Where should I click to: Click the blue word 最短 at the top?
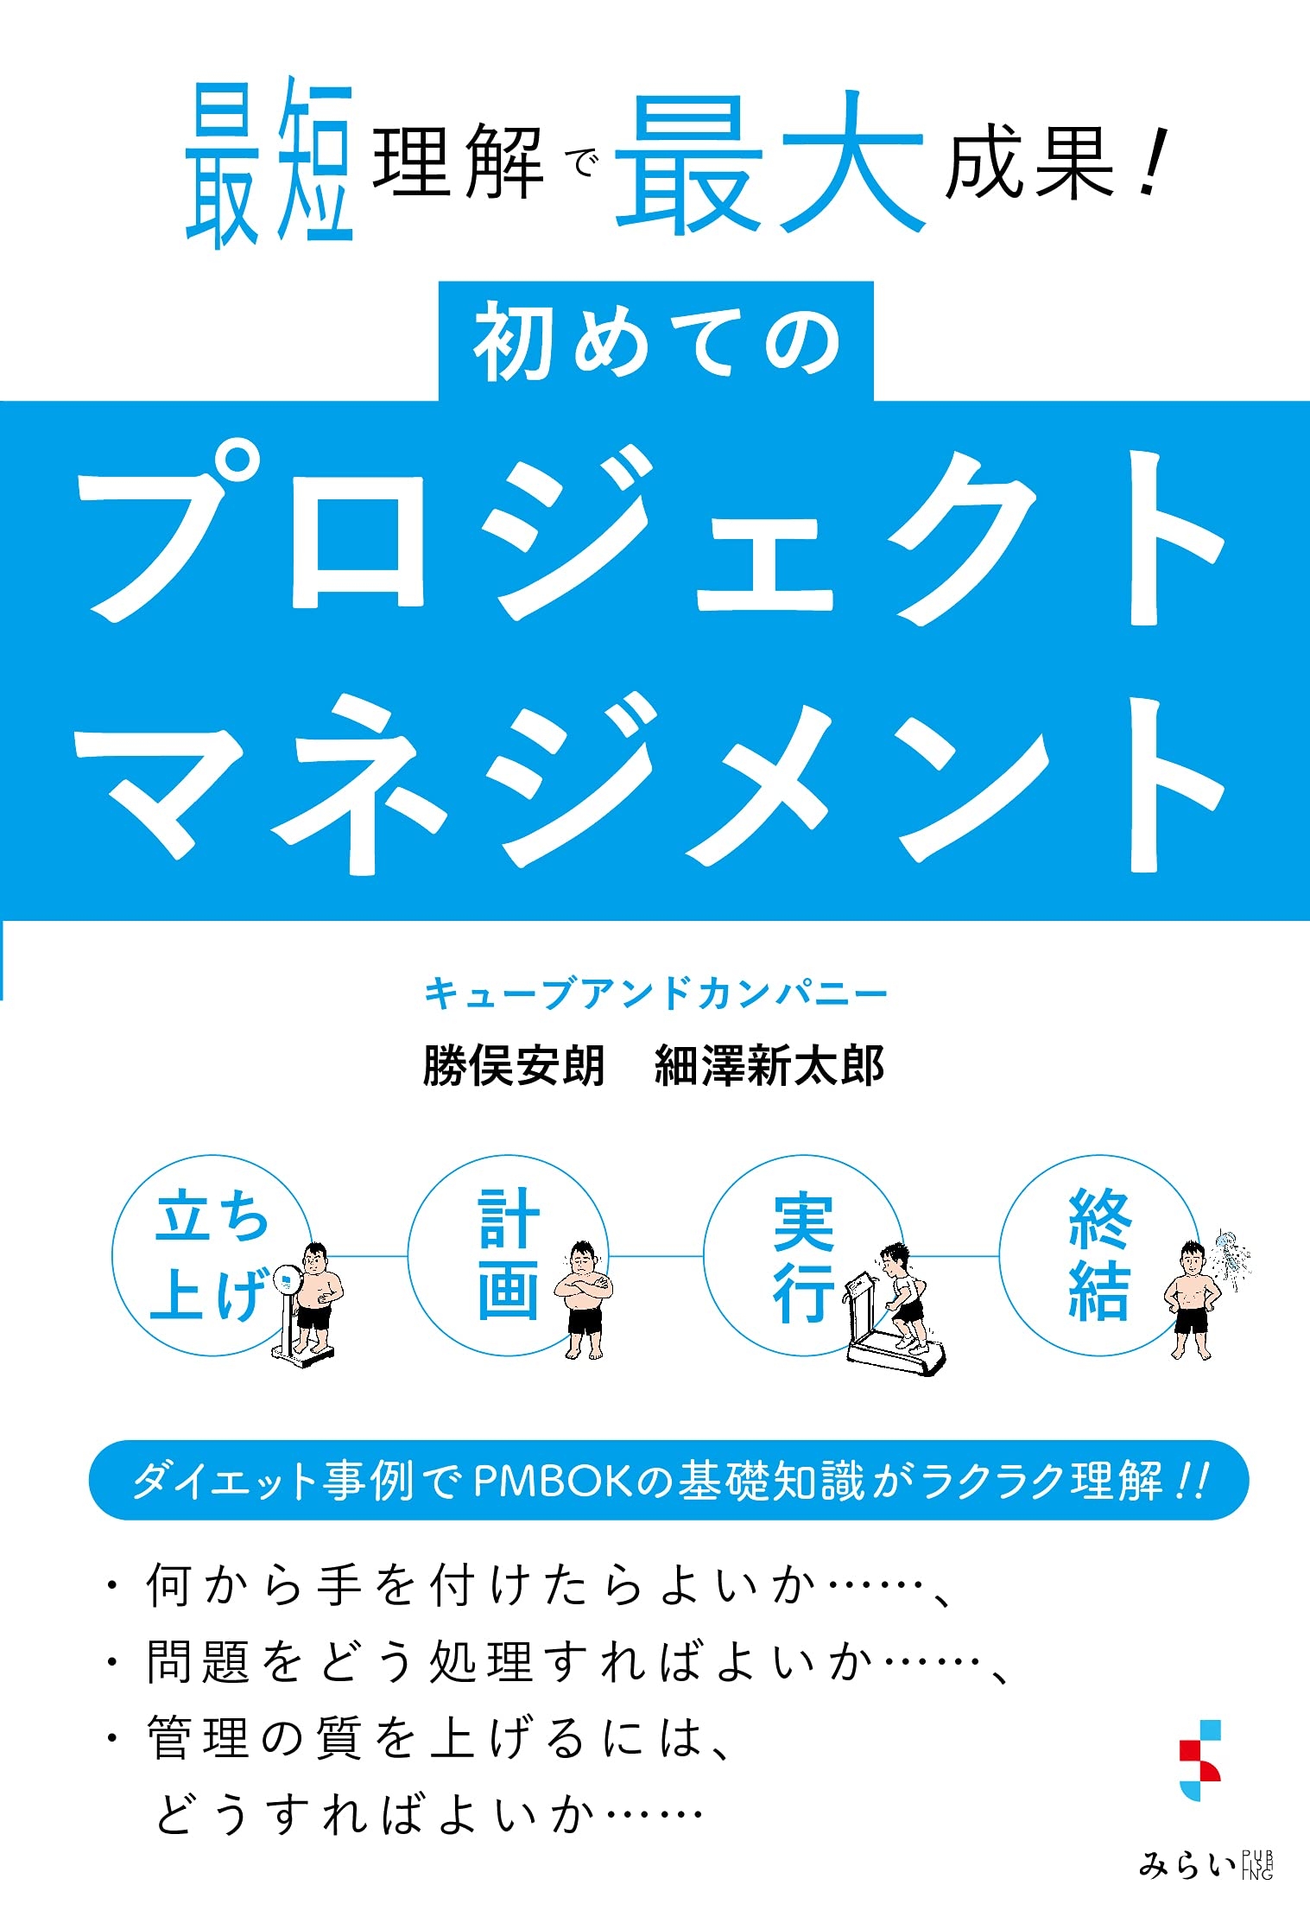(x=269, y=162)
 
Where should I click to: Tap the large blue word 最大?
(x=769, y=164)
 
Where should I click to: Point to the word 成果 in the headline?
(x=1029, y=164)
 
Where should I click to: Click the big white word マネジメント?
(x=652, y=782)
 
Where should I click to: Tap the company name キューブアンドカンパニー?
(x=655, y=994)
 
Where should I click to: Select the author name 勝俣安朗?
(x=514, y=1064)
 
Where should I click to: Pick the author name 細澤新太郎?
(x=769, y=1064)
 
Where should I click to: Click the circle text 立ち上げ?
(x=211, y=1254)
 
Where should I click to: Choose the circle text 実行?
(x=803, y=1256)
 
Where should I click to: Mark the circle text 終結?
(x=1098, y=1254)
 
